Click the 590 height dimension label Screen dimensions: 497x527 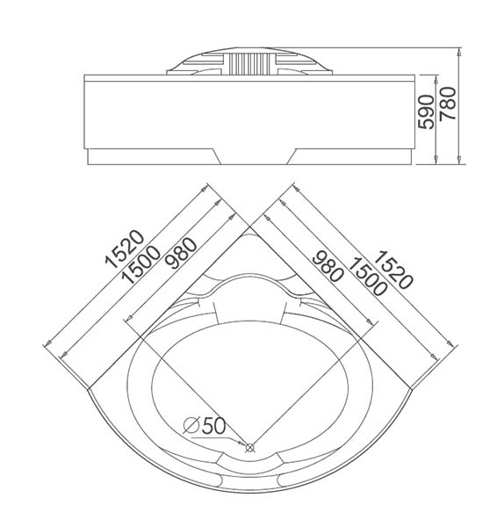(x=425, y=112)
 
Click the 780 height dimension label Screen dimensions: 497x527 (x=448, y=103)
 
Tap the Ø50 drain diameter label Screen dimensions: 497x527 (x=205, y=425)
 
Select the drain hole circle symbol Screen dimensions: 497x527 (x=249, y=447)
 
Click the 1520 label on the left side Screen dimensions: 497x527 (x=125, y=249)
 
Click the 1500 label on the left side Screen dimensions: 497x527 (x=140, y=265)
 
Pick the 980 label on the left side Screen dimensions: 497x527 (x=183, y=253)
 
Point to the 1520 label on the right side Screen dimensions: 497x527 (x=393, y=270)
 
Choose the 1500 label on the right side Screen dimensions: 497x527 (x=367, y=277)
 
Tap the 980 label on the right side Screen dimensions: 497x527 (x=328, y=266)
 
